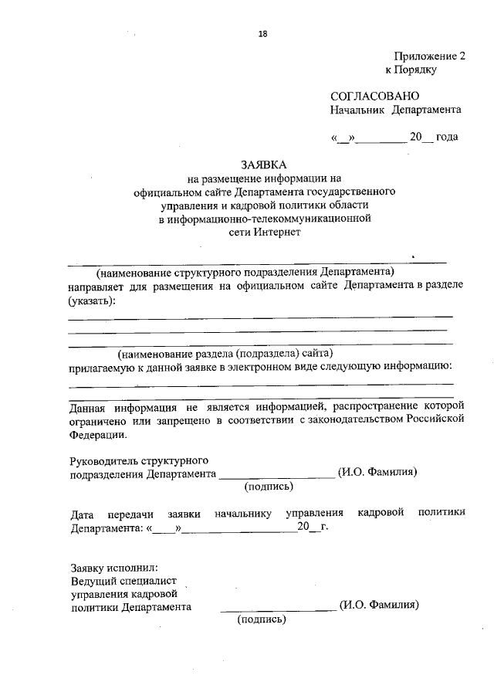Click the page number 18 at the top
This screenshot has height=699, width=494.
263,33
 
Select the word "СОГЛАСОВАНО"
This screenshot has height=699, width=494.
374,97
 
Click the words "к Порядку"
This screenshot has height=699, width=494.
411,70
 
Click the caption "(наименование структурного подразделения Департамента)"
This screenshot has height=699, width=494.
245,271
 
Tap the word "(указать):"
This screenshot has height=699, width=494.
92,299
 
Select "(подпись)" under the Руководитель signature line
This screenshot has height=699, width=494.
268,487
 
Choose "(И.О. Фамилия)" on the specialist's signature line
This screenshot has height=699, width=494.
379,606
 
